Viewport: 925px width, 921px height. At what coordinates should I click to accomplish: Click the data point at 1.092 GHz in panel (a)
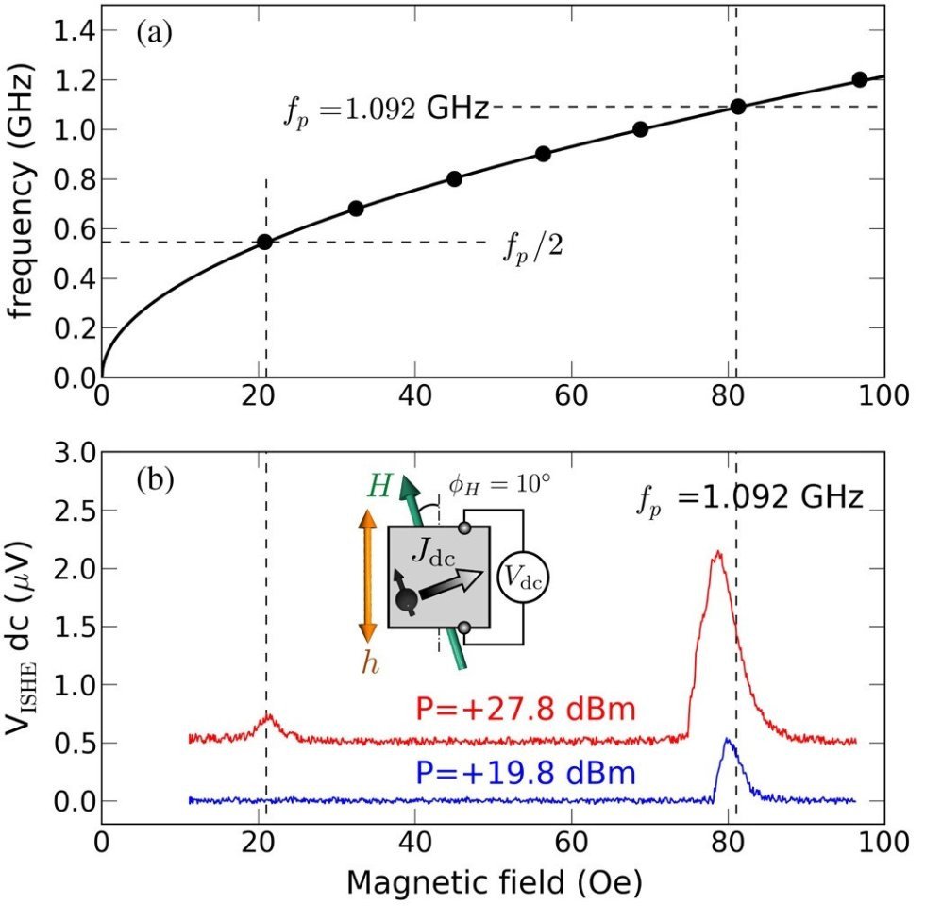click(738, 107)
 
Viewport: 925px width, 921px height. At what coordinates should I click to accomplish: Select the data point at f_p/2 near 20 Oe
click(265, 242)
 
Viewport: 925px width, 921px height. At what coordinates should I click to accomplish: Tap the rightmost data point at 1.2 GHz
click(859, 79)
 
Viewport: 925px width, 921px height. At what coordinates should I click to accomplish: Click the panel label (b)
click(153, 479)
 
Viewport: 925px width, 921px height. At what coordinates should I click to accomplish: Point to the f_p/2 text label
click(530, 249)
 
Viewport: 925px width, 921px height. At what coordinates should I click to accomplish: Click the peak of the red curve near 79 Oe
click(718, 552)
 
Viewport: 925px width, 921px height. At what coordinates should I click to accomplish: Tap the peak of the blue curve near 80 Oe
click(727, 740)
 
